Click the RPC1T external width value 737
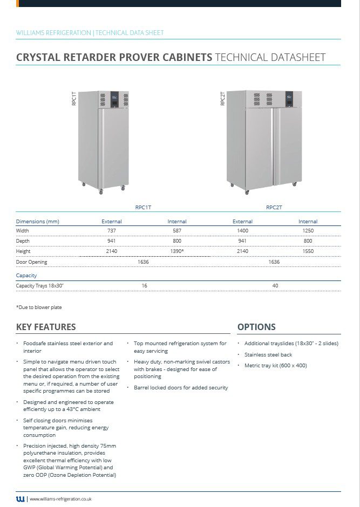coord(112,231)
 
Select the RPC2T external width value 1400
coord(242,231)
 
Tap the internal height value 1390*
coord(177,251)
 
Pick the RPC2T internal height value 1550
coord(308,251)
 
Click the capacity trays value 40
coord(275,286)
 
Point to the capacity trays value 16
coord(144,286)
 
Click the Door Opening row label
coord(32,262)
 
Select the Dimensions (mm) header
coord(38,222)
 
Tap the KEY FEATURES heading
coord(46,327)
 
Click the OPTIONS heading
coord(256,327)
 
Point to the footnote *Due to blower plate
coord(39,307)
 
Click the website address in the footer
coord(60,499)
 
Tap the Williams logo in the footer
coord(21,499)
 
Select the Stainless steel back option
coord(268,354)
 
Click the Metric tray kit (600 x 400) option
coord(275,366)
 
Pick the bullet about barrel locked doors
coord(181,388)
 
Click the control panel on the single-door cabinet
coord(114,99)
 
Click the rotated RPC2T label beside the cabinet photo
coord(223,99)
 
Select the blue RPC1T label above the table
coord(144,207)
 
